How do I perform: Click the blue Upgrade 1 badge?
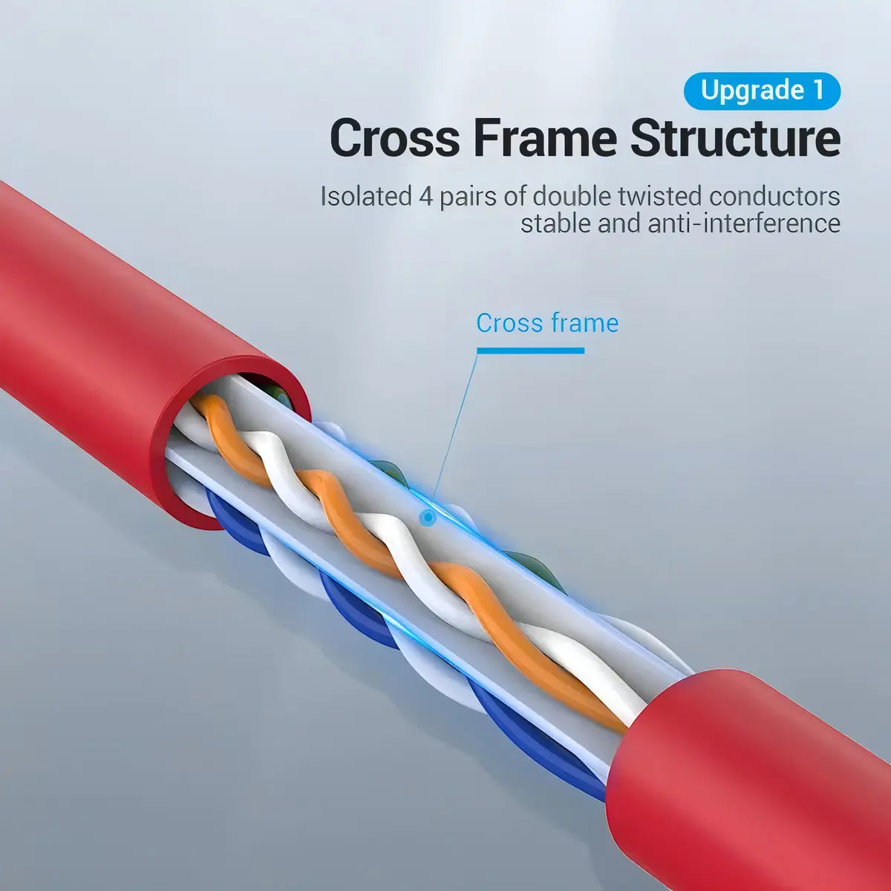pos(762,91)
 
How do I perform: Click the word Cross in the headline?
pos(395,138)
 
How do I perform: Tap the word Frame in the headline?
pos(546,138)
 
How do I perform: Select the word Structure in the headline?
pos(736,138)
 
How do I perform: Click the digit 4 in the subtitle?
pos(425,196)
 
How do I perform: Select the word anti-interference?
pos(744,223)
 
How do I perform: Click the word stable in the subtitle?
pos(555,223)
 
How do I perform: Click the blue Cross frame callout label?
pos(547,322)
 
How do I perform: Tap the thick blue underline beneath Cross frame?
pos(530,350)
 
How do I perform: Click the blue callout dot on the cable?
pos(428,518)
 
